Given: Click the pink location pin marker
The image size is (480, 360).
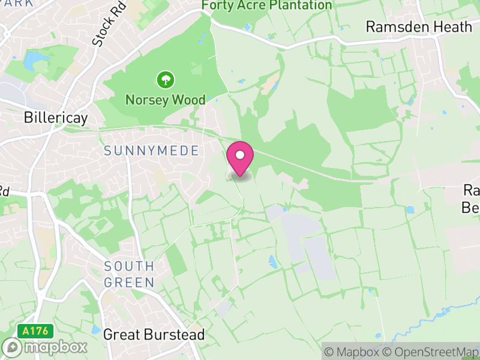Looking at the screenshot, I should coord(240,159).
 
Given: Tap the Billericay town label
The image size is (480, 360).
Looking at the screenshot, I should coord(56,117).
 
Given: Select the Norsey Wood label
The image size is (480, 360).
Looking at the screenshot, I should coord(165,100).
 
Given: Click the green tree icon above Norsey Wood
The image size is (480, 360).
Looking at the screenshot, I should coord(165,79).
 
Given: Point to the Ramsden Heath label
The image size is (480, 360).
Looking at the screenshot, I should coord(419,27).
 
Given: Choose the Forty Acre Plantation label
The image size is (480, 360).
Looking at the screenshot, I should coord(267,5).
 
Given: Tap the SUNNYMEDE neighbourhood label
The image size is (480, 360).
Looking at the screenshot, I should coord(151,151).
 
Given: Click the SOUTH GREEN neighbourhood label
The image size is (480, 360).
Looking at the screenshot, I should coord(129,274).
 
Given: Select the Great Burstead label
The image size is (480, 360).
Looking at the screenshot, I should coord(154,334).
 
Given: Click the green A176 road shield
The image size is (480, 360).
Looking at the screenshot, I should coord(36,331).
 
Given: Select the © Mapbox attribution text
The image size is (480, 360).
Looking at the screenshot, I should coord(354,352).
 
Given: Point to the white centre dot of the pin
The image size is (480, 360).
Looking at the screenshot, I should coord(240,155).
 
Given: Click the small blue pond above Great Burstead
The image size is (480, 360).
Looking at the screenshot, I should coord(96,329).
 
